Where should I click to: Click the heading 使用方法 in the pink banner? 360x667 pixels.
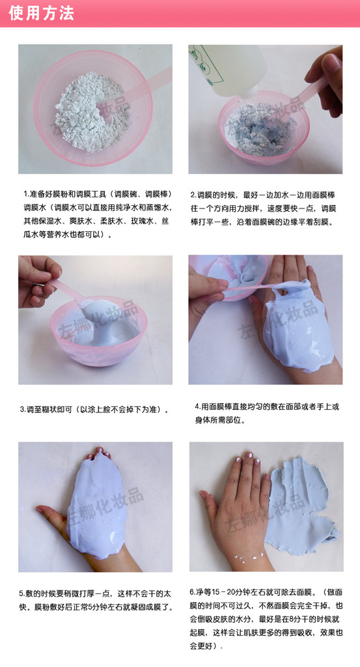pos(41,13)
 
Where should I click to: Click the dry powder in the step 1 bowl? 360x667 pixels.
pos(92,111)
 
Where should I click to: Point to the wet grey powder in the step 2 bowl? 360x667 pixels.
pos(261,128)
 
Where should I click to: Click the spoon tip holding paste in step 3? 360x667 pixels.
pos(87,303)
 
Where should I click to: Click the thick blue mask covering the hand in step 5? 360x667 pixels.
pos(96,505)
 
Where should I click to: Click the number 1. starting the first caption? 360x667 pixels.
pos(26,195)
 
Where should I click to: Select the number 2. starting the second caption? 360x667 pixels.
pos(193,195)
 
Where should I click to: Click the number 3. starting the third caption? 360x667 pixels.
pos(23,410)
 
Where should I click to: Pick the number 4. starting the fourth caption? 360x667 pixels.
pos(198,406)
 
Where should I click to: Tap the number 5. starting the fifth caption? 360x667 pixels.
pos(21,593)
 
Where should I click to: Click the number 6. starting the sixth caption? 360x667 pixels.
pos(193,592)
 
